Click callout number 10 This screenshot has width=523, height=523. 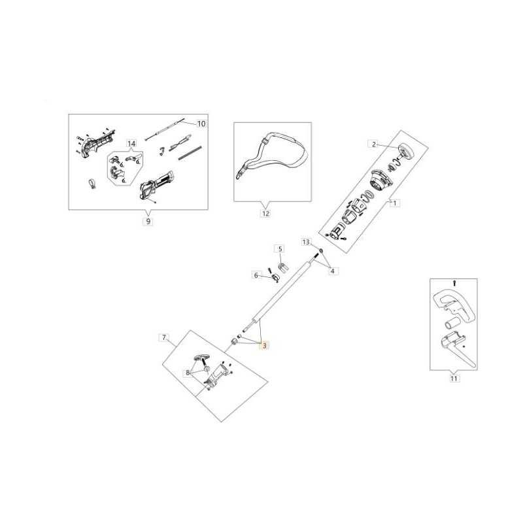[x=201, y=124]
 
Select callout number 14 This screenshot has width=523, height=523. [x=132, y=143]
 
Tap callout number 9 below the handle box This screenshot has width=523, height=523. [x=148, y=221]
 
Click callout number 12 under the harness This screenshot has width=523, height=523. [x=265, y=213]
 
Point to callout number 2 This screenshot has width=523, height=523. [x=374, y=144]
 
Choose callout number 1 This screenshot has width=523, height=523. [x=395, y=203]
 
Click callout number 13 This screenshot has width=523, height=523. [x=306, y=242]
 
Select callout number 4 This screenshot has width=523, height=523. [x=332, y=271]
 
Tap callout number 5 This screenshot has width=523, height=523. [x=280, y=249]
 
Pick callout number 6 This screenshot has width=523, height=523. [x=256, y=275]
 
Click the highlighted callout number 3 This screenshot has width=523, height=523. [x=265, y=346]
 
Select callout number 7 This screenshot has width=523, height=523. [x=164, y=337]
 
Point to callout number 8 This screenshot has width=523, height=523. [x=188, y=373]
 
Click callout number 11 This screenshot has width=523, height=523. [x=454, y=379]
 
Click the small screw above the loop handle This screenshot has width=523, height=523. [x=454, y=284]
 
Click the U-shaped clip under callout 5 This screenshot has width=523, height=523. [x=282, y=267]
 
